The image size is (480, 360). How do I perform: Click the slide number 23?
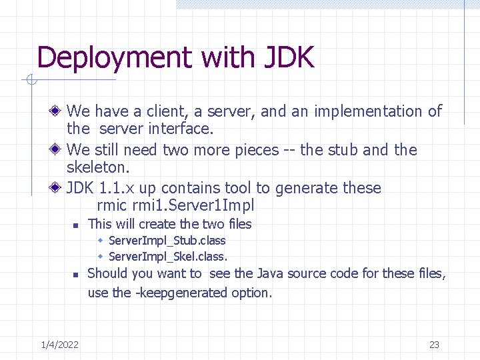pyautogui.click(x=434, y=345)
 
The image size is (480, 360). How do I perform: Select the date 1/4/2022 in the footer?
pyautogui.click(x=59, y=345)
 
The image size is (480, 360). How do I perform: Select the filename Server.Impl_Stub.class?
pyautogui.click(x=167, y=241)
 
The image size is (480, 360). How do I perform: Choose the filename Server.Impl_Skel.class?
pyautogui.click(x=167, y=256)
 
